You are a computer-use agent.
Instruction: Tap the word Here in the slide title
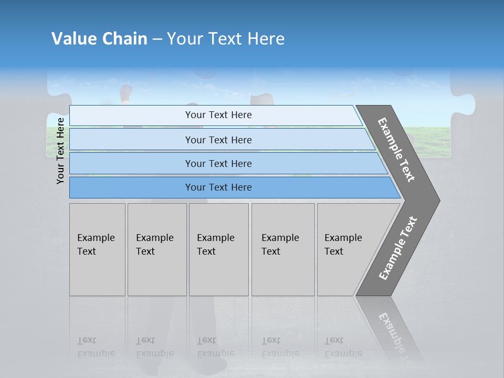click(x=266, y=39)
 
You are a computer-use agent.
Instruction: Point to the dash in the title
click(x=157, y=39)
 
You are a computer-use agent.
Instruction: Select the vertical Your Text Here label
click(x=60, y=151)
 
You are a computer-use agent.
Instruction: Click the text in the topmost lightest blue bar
click(x=218, y=115)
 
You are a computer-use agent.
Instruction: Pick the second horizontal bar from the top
click(x=218, y=140)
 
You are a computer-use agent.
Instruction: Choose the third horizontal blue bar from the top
click(x=218, y=163)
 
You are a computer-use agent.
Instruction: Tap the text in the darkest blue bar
click(x=218, y=187)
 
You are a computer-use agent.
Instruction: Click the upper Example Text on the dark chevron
click(x=396, y=150)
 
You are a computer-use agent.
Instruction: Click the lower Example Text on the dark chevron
click(x=397, y=248)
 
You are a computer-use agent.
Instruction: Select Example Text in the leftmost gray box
click(x=96, y=245)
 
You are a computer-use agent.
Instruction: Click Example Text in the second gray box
click(x=154, y=245)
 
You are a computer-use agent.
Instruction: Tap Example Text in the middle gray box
click(x=215, y=245)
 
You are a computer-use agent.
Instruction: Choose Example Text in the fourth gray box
click(x=280, y=245)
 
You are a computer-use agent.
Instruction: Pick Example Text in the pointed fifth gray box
click(x=343, y=245)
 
